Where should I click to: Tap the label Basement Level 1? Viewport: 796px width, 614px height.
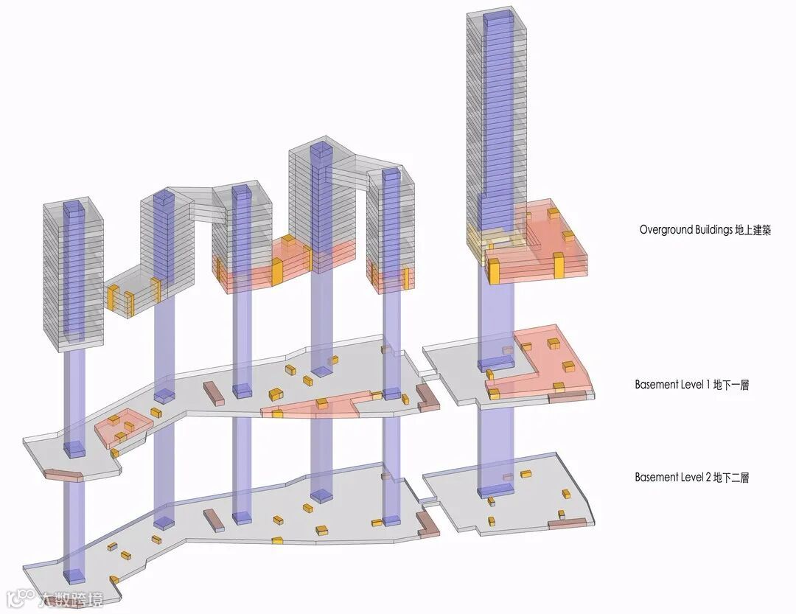click(x=672, y=385)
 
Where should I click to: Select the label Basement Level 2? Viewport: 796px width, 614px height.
click(x=672, y=478)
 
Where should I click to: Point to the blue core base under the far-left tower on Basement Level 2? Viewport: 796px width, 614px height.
click(x=73, y=575)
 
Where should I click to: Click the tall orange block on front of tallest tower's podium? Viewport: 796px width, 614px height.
click(x=558, y=265)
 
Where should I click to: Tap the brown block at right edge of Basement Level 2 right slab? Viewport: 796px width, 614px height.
click(x=570, y=524)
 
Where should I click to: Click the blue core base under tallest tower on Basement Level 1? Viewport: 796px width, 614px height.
click(x=495, y=363)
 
